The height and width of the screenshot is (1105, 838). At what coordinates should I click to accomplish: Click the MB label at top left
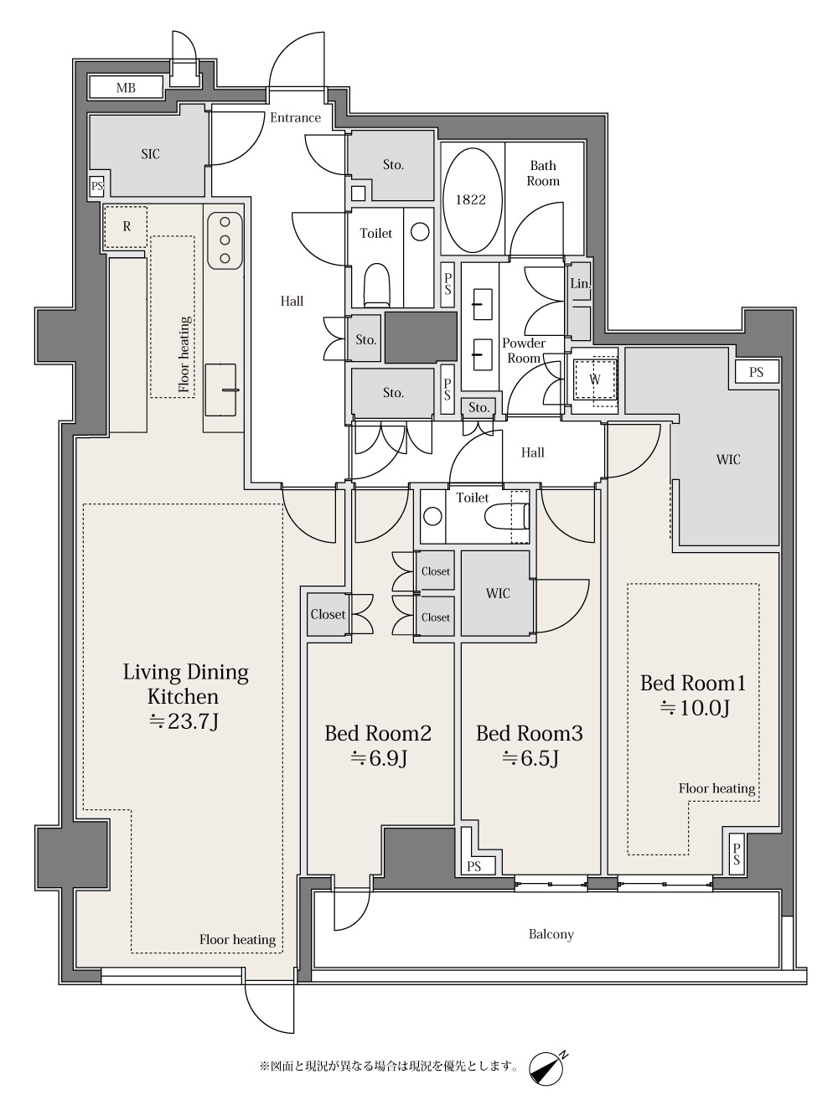coord(126,88)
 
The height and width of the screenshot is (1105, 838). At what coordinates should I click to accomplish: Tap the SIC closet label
coord(151,154)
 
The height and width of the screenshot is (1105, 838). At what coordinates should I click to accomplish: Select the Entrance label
coord(295,118)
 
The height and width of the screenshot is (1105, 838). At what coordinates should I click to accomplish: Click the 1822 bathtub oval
coord(470,200)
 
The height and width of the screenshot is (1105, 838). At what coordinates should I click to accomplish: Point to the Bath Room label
coord(543,173)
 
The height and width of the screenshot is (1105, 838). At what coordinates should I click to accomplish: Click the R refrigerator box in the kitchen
coord(126,226)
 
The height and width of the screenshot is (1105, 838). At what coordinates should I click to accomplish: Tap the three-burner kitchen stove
coord(225,240)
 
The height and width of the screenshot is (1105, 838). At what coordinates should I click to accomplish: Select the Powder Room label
coord(524,351)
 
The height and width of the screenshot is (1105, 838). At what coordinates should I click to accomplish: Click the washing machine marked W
coord(595,380)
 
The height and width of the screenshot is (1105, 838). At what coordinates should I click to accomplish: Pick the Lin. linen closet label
coord(580,283)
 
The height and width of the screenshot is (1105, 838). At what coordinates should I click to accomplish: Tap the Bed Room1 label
coord(692,683)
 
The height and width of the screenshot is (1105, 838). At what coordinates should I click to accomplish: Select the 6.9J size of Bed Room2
coord(378,758)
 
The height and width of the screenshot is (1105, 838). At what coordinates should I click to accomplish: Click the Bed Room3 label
coord(530,734)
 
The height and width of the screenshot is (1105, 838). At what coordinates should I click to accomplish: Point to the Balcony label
coord(551,935)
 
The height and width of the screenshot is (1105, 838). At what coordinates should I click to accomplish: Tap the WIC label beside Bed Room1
coord(728,460)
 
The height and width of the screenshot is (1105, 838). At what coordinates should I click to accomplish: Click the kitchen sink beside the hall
coord(220,390)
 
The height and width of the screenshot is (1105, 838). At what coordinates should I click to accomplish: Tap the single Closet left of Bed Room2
coord(328,615)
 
